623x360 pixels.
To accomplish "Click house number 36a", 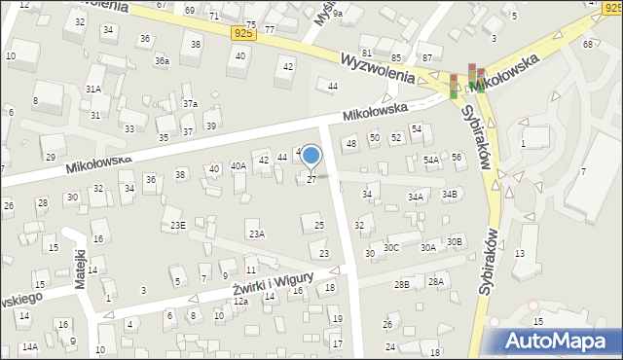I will tap(162, 61).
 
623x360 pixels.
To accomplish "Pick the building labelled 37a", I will tap(190, 103).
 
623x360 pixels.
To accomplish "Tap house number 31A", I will tap(93, 89).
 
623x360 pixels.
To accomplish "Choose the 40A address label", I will tap(238, 166).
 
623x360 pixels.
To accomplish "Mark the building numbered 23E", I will tap(178, 226).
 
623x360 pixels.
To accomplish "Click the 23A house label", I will tap(256, 234).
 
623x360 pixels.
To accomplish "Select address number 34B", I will tap(450, 195).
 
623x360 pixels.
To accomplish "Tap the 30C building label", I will tap(391, 247).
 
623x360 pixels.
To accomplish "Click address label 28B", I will tap(401, 284).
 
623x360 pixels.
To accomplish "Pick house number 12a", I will tap(240, 302).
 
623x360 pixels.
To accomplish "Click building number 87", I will tap(426, 59).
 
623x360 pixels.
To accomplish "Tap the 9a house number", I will tap(337, 15).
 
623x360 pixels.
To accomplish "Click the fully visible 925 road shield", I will tap(245, 33).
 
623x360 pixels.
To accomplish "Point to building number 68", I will tap(588, 45).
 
